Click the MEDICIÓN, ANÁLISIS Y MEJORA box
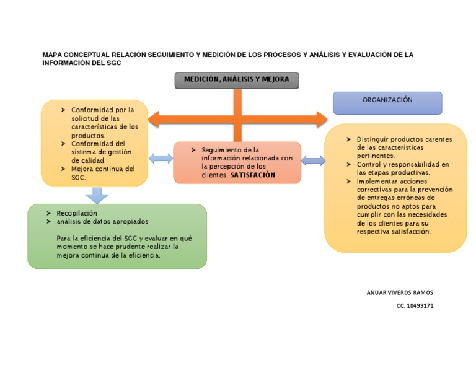coord(237,80)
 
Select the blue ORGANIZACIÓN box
coord(387,103)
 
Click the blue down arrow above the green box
coord(96,195)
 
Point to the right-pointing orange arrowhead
coord(320,119)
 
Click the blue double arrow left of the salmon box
coord(161,159)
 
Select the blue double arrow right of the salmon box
coord(313,161)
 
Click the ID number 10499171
coord(420,305)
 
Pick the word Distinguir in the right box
coord(374,139)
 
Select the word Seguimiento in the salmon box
coord(221,150)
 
